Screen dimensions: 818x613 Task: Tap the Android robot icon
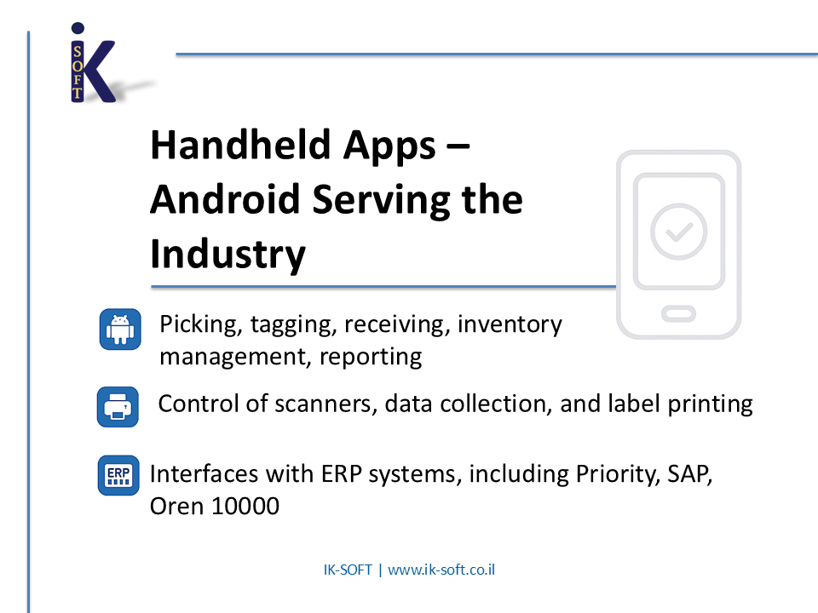click(120, 329)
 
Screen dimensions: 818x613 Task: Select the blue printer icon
click(118, 407)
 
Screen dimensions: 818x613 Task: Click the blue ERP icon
click(118, 475)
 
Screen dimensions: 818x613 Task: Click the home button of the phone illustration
click(678, 314)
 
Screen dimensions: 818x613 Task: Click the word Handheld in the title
click(240, 145)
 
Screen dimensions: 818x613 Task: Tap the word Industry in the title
click(228, 255)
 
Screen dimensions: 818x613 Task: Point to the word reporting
click(371, 358)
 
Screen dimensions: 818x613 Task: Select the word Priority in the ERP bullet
click(617, 474)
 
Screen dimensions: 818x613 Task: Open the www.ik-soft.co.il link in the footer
click(441, 570)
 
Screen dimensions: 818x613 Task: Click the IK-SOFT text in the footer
click(348, 570)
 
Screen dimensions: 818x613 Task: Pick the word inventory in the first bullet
click(510, 324)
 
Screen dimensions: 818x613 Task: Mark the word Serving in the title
click(381, 200)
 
